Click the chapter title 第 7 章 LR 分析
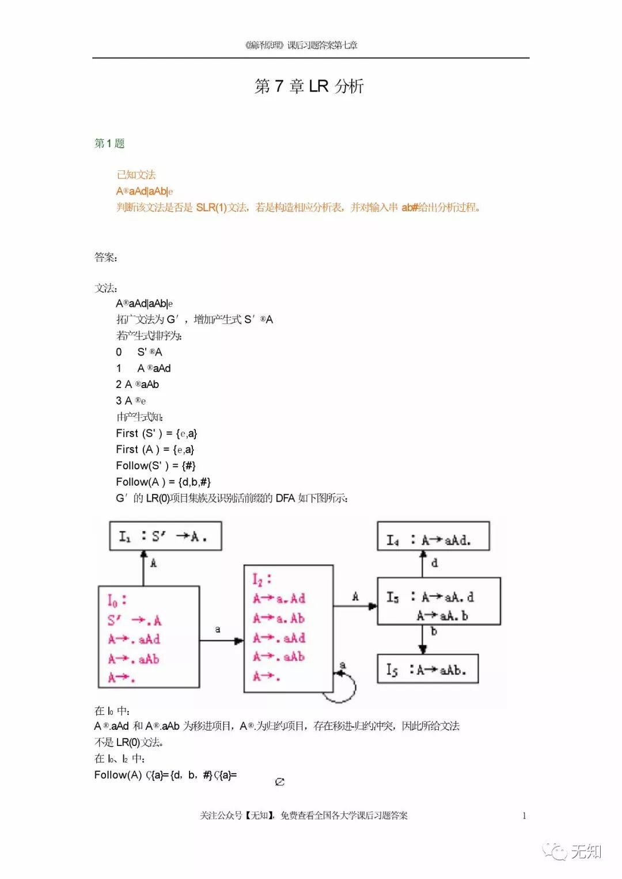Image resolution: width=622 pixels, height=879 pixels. (x=309, y=86)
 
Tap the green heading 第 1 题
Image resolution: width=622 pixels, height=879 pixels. (x=109, y=143)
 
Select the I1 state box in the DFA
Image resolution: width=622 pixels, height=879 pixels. (x=165, y=536)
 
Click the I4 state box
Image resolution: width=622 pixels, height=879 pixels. (x=433, y=536)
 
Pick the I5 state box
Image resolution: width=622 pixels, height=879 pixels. (x=427, y=669)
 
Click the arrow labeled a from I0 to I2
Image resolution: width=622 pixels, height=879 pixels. (x=221, y=640)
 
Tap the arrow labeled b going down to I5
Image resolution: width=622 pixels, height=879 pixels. (x=423, y=639)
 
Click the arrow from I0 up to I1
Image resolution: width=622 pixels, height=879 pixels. (x=144, y=568)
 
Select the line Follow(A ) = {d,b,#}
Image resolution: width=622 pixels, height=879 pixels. (x=163, y=482)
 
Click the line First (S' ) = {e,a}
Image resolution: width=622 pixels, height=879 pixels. (x=156, y=433)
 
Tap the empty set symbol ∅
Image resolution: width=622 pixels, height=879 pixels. (x=280, y=782)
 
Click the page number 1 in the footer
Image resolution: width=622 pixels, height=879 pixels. (x=524, y=815)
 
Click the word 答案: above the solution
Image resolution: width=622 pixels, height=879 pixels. (x=106, y=257)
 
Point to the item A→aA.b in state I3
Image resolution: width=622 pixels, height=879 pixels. (x=442, y=616)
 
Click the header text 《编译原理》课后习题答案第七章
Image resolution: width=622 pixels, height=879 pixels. (x=301, y=45)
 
